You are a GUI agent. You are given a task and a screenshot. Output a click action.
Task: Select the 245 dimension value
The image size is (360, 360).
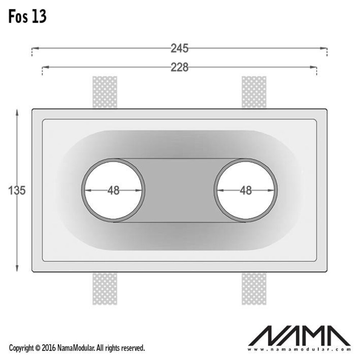(180, 48)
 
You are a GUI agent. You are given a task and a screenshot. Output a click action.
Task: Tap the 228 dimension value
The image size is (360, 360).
(180, 67)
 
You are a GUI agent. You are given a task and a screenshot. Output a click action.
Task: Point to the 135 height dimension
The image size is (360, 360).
(17, 190)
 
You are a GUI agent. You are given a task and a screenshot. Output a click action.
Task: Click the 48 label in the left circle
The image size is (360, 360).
(113, 190)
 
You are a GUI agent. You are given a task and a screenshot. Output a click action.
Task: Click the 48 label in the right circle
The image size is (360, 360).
(246, 190)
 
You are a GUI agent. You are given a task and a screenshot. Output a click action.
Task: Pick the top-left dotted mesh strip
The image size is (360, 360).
(105, 92)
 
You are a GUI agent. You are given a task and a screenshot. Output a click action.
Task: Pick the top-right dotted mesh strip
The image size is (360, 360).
(254, 92)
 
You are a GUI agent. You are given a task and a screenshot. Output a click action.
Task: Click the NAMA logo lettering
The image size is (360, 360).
(300, 337)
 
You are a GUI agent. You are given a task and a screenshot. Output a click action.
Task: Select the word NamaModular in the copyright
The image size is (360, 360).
(75, 348)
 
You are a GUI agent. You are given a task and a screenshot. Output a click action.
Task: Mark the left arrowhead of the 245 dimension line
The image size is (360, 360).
(34, 48)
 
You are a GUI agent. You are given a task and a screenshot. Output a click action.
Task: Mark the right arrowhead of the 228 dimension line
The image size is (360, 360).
(314, 67)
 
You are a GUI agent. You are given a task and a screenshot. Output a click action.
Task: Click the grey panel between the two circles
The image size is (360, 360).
(180, 190)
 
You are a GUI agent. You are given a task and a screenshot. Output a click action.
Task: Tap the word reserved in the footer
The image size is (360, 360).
(133, 348)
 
